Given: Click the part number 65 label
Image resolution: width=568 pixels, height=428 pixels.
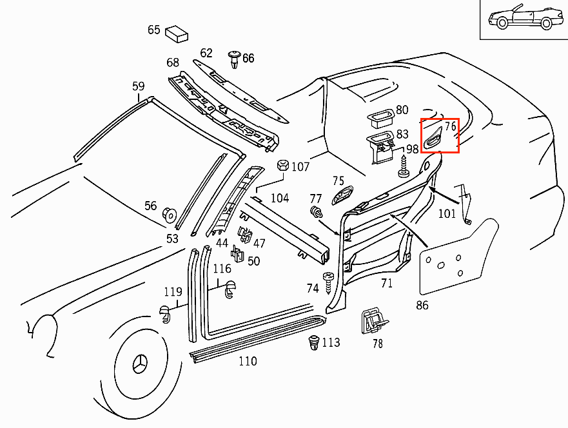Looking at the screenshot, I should (153, 30).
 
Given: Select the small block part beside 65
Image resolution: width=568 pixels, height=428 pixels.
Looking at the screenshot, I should (176, 33).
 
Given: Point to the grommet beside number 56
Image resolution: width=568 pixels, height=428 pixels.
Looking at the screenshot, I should (170, 213).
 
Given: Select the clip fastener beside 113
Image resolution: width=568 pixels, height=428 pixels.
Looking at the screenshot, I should (314, 342).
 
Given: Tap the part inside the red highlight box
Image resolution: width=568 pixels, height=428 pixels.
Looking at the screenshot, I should (433, 137).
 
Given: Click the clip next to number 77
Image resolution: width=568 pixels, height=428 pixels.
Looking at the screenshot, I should (316, 212).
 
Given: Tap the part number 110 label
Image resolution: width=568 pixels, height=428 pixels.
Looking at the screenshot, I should (248, 361).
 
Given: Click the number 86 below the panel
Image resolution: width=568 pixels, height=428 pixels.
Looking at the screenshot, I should (422, 305).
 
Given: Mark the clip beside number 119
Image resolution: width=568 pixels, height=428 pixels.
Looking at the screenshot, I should (165, 315).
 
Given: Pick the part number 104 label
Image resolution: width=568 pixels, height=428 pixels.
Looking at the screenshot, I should (279, 198).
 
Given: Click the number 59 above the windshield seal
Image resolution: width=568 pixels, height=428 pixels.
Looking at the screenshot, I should (139, 86).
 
